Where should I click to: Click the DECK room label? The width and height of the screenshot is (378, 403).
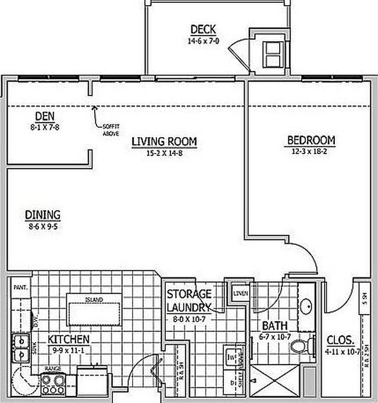(x=203, y=30)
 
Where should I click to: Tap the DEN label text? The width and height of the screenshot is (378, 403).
(x=44, y=116)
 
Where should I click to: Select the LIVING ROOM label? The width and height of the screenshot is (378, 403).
(x=163, y=141)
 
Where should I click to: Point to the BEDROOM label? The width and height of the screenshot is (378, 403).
(x=311, y=140)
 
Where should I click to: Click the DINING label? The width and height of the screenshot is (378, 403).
(x=42, y=215)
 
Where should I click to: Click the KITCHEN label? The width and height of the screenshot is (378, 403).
(x=68, y=339)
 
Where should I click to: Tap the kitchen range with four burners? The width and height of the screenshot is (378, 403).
(x=54, y=383)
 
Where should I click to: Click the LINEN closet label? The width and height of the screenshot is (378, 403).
(x=240, y=293)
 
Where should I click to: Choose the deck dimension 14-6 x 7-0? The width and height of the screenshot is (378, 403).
(x=202, y=41)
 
